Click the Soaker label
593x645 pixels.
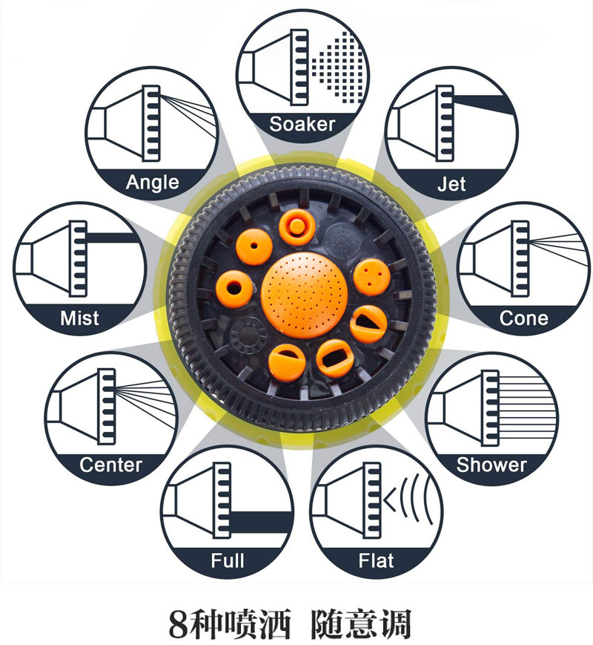pos(302,123)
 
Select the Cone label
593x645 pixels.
pos(524,318)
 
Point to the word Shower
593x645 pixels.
pos(491,465)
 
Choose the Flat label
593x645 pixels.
pos(376,560)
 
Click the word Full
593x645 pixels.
pos(227,560)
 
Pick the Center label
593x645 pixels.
pos(110,465)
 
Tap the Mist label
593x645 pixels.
pos(79,318)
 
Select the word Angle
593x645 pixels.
pos(152,182)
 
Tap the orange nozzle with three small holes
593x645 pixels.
pos(372,277)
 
